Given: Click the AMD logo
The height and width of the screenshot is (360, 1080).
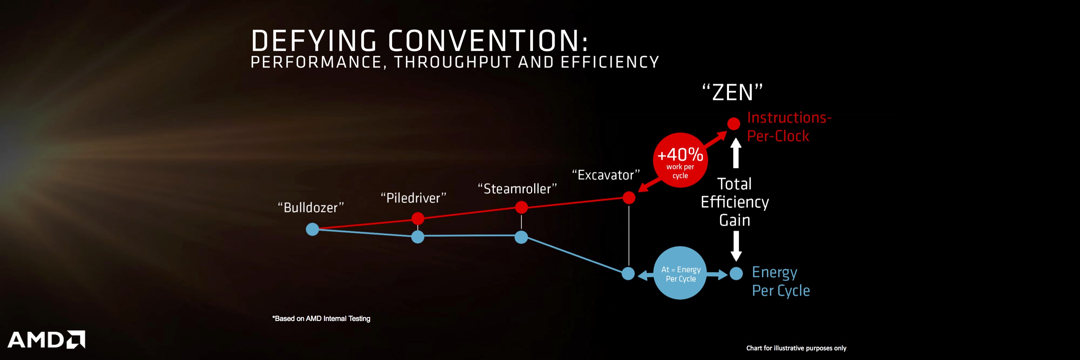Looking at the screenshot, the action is [46, 339].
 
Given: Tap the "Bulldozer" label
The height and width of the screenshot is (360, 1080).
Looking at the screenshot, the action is [311, 207].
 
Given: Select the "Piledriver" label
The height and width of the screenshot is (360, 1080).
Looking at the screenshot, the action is [413, 198].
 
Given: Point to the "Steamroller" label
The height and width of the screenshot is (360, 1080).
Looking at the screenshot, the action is [517, 189].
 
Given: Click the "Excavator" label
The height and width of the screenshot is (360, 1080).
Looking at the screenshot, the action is [606, 175].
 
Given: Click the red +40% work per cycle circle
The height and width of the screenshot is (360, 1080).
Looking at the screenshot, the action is [680, 160].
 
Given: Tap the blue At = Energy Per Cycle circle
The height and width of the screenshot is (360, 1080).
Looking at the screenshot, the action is [680, 273].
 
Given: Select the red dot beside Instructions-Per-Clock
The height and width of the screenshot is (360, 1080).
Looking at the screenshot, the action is [734, 124].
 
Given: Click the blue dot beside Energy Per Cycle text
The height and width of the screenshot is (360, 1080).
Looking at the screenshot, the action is [736, 274].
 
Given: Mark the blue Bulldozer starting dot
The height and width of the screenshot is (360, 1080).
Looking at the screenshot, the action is [312, 229].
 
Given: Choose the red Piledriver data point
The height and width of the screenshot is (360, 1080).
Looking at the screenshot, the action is [418, 218].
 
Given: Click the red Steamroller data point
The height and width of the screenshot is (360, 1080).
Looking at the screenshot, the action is [521, 207].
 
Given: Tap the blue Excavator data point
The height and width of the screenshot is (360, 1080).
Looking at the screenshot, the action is [628, 274].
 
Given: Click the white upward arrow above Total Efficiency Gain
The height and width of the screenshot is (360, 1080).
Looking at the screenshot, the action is [736, 153].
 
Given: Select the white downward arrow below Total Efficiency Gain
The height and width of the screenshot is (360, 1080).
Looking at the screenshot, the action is [736, 246].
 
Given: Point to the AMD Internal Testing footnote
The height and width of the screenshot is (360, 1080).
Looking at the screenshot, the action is [321, 319].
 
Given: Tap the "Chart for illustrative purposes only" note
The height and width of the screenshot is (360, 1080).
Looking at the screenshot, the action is [796, 348].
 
